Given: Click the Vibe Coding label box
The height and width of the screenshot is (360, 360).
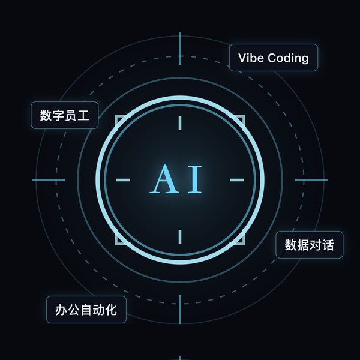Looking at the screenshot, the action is (x=274, y=58).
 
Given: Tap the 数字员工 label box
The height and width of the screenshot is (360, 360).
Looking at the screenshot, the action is (x=65, y=115).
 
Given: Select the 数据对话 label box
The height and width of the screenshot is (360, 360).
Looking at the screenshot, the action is (x=309, y=245).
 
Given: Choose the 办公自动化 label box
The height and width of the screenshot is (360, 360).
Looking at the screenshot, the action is (x=86, y=310).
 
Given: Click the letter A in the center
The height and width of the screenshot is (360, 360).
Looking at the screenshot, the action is (x=164, y=179).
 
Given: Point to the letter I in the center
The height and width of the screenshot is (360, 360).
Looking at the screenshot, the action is (x=195, y=179).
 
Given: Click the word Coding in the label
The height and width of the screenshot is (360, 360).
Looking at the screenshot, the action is (x=288, y=58).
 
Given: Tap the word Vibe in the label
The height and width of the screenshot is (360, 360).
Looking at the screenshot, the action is (x=251, y=58).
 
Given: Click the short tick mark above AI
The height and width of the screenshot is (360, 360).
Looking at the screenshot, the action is (x=180, y=123).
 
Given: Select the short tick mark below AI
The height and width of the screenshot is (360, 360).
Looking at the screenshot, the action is (x=180, y=237).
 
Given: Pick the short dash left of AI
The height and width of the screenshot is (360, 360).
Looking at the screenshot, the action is (x=123, y=180).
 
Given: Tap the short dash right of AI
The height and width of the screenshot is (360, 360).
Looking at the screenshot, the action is (x=237, y=180).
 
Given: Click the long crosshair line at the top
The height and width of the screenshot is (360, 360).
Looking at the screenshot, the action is (x=180, y=49).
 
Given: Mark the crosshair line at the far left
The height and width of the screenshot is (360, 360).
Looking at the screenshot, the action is (x=49, y=180).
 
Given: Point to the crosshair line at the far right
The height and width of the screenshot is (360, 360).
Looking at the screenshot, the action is (x=311, y=180).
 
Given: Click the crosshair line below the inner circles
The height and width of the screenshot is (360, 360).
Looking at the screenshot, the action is (x=180, y=310).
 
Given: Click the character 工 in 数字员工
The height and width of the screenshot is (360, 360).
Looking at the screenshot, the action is (x=83, y=115).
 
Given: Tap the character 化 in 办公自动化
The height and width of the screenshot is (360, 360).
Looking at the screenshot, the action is (x=111, y=310).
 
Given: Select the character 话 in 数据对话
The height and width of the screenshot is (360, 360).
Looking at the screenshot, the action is (x=328, y=245).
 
